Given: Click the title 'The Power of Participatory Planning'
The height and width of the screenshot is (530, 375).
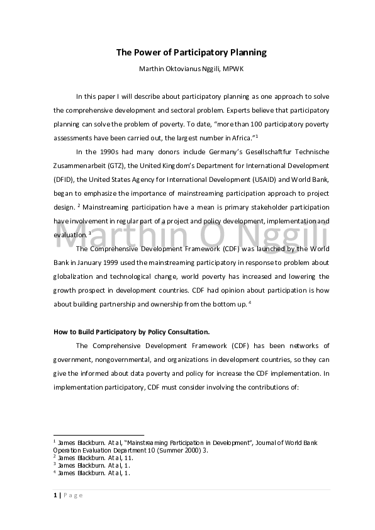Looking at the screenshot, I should pyautogui.click(x=191, y=53).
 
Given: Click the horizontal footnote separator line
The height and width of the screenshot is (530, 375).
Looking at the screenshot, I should pyautogui.click(x=99, y=434).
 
